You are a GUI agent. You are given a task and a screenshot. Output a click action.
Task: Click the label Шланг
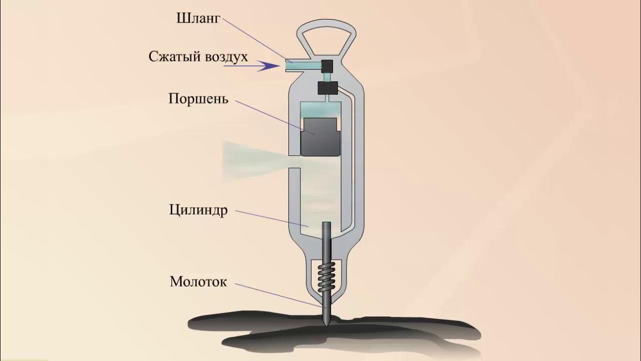[x=198, y=19]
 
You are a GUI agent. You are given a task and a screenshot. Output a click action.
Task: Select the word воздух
[x=224, y=57]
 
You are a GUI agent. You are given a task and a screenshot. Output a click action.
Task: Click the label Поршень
[x=198, y=98]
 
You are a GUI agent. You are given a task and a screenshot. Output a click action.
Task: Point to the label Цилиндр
[x=198, y=209]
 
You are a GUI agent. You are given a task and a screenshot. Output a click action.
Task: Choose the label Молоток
[x=198, y=282]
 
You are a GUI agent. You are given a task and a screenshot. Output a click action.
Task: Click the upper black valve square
[x=328, y=65]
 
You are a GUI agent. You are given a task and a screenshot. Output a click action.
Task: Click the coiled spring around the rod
[x=327, y=281]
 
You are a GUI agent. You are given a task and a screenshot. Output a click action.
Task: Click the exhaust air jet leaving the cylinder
[x=250, y=160]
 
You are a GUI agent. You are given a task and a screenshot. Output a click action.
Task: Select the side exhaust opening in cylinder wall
[x=295, y=161]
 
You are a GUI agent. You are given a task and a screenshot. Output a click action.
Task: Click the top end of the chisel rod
[x=327, y=224]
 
